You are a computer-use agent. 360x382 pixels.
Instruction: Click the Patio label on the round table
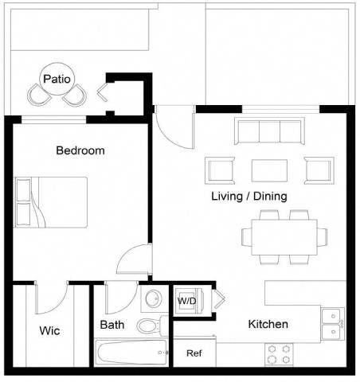coord(57,79)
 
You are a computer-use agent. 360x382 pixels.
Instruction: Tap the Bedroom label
coord(80,150)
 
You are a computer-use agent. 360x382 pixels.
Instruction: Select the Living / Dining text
coord(249,196)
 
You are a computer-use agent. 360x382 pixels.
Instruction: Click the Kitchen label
coord(268,324)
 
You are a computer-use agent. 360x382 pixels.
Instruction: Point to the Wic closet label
coord(49,330)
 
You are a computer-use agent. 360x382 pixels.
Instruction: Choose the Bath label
coord(112,325)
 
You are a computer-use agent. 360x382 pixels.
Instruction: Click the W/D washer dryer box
coord(186,302)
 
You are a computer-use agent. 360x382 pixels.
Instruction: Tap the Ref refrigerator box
coord(194,353)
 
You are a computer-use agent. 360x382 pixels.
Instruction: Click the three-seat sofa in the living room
coord(269,131)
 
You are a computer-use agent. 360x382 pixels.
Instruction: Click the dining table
coord(284,236)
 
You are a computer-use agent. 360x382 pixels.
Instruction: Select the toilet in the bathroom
coord(149,325)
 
